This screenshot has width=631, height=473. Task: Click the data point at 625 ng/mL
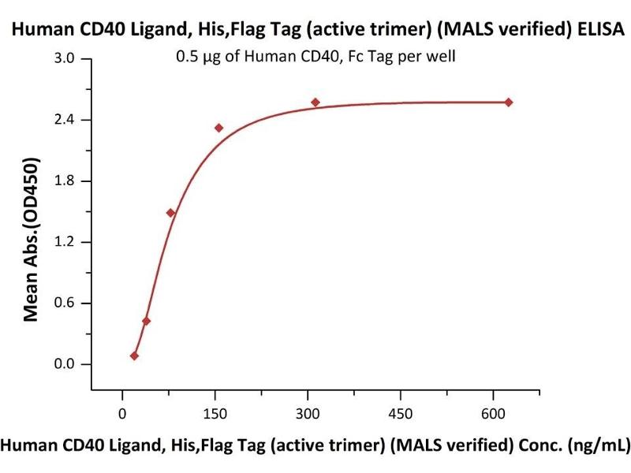509,102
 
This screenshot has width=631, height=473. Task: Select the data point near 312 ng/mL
315,102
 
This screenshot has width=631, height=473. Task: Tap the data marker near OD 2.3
218,128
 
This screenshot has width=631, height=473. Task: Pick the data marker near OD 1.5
170,213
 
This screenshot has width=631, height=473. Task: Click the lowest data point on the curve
134,356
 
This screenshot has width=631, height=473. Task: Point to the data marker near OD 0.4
146,321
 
